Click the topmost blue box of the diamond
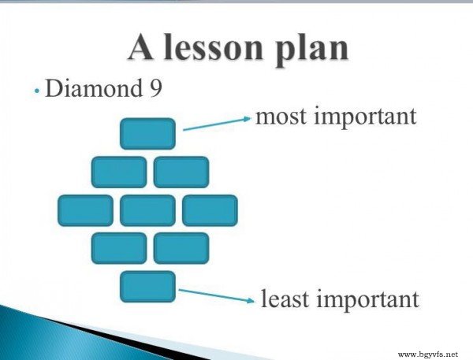(147, 134)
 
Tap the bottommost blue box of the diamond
(147, 287)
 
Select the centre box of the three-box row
(147, 210)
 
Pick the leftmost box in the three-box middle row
(85, 210)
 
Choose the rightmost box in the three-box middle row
(210, 210)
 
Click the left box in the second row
(119, 173)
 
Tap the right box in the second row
(181, 173)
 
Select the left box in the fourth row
(119, 248)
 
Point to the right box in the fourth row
(181, 248)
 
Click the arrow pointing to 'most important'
(217, 124)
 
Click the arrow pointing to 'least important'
(216, 295)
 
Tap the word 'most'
(281, 117)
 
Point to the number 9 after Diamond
(155, 88)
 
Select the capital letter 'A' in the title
(140, 47)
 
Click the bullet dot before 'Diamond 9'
(37, 91)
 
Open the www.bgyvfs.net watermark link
(428, 354)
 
